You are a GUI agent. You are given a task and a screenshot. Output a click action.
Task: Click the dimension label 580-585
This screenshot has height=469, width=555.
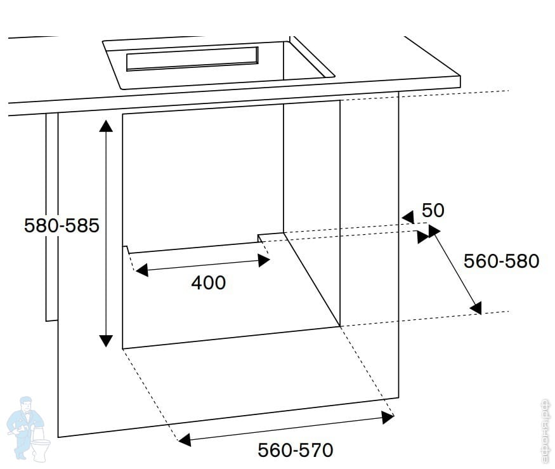(x=62, y=226)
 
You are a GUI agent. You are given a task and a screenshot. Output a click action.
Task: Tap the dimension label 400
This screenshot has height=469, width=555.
(x=208, y=282)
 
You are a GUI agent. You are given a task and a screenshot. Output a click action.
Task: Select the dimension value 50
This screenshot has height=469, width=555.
(x=433, y=210)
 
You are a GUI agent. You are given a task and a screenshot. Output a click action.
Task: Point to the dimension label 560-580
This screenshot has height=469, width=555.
(x=501, y=261)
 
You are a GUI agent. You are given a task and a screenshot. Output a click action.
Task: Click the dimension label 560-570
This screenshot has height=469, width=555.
(x=295, y=451)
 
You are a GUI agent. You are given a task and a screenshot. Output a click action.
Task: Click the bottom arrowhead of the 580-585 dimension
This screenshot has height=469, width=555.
(x=106, y=341)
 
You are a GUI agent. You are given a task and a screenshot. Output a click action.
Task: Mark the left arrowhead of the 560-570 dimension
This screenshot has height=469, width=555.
(x=183, y=439)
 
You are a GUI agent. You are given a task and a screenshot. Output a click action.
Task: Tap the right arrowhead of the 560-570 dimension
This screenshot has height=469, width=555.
(x=388, y=417)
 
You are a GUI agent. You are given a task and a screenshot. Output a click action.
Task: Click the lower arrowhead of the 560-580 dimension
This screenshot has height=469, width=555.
(x=476, y=308)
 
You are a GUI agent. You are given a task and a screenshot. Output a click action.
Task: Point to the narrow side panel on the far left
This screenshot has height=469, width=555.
(x=51, y=216)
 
